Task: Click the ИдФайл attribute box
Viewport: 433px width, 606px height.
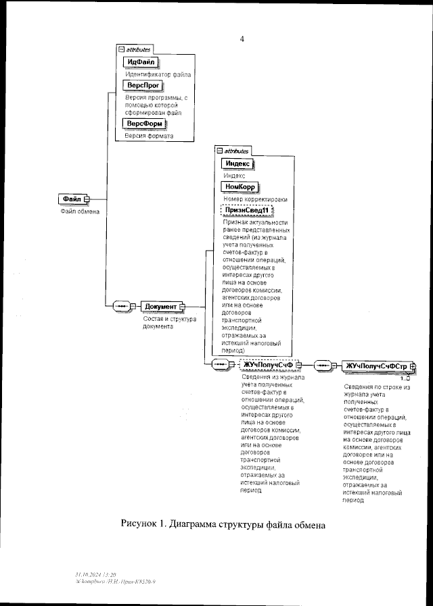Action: pos(140,62)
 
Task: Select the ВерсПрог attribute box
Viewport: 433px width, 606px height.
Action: pos(143,86)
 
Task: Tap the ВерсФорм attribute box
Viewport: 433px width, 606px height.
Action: pos(143,124)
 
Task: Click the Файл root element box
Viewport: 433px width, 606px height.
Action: pos(72,199)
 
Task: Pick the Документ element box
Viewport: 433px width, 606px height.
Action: pos(161,307)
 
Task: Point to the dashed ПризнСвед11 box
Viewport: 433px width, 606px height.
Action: pos(247,211)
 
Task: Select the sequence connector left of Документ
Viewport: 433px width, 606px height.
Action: pos(122,307)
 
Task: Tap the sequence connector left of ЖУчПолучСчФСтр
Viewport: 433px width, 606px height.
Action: pos(325,365)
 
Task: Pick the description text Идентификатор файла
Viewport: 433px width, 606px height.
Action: pos(158,74)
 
